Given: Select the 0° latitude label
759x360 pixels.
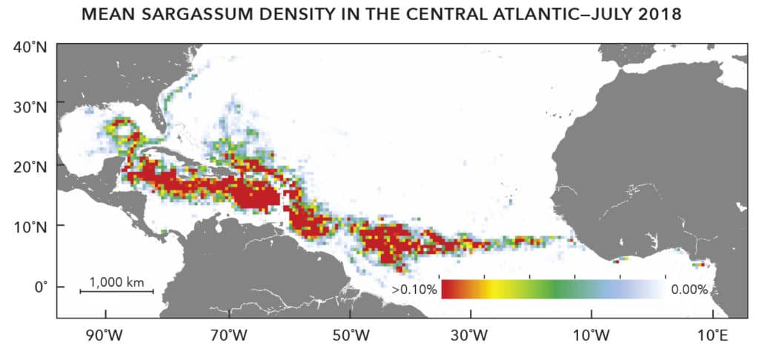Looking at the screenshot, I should tap(39, 286).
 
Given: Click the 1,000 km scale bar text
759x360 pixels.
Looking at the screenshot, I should tap(116, 281).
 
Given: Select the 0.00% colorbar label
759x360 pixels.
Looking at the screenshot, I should tap(689, 290).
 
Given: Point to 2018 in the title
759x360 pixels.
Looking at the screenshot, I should tap(657, 16).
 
